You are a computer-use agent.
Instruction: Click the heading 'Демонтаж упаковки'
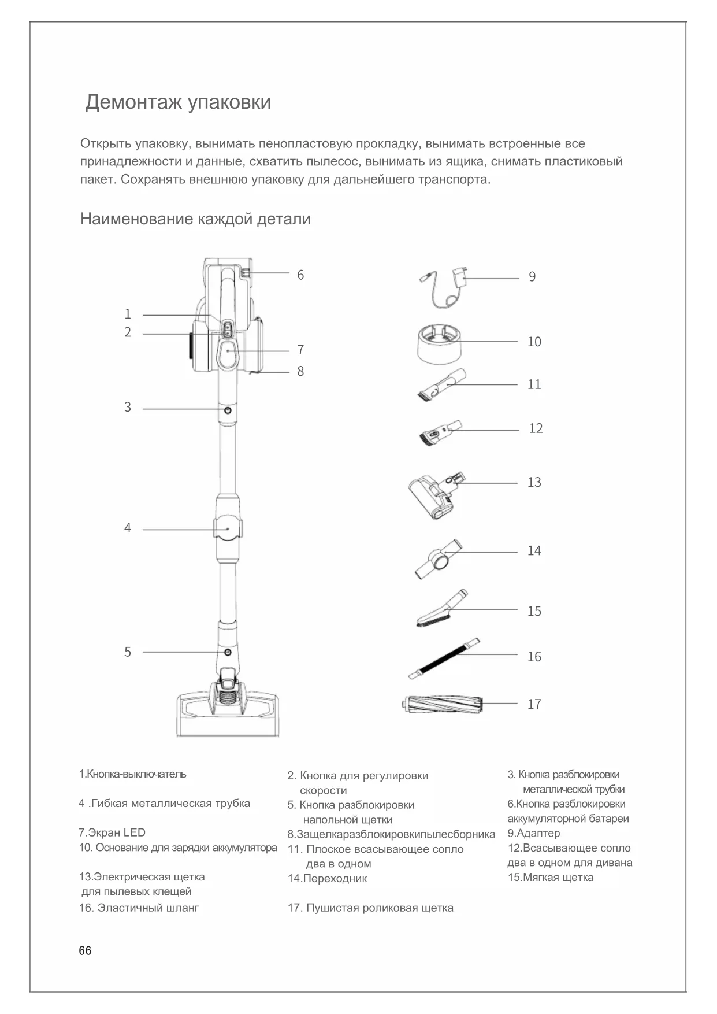178,102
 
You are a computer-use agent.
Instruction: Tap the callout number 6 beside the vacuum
300,275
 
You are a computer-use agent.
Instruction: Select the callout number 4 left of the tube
128,528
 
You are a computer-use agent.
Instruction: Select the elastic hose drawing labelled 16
444,658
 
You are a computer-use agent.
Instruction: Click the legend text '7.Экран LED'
112,833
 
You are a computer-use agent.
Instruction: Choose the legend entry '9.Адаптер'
534,834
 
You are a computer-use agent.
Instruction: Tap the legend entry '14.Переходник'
328,879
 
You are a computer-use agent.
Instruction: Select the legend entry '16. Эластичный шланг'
139,908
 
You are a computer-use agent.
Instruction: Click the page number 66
85,951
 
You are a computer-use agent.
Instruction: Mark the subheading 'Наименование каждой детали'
195,220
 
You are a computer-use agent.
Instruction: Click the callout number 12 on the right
536,428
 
